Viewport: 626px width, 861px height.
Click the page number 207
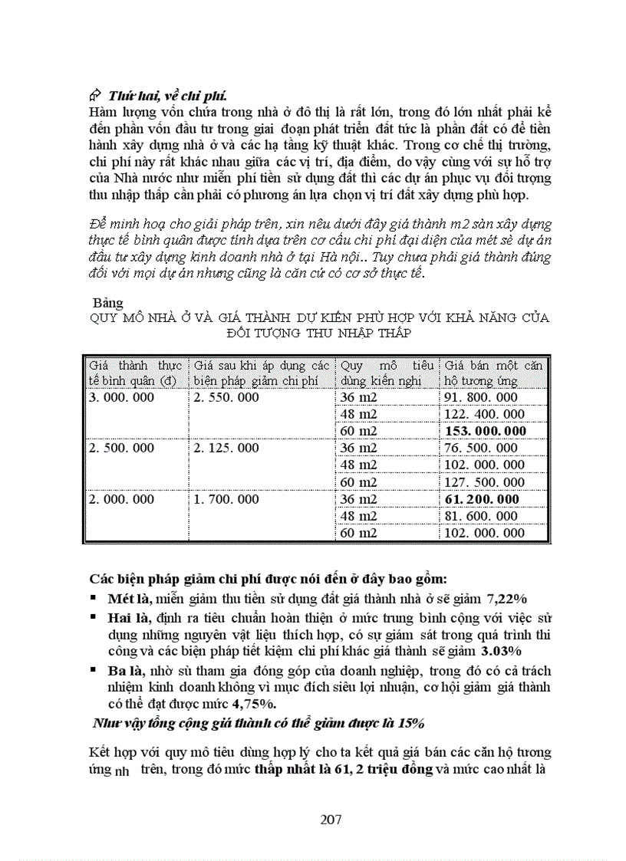[331, 819]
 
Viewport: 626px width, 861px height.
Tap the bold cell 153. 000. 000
[486, 431]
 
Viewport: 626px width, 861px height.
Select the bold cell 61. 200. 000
[483, 499]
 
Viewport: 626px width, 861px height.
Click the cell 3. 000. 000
[121, 397]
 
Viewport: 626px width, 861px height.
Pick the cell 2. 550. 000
[226, 397]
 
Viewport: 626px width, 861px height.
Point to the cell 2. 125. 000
[226, 448]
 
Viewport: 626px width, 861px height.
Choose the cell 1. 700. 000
[226, 499]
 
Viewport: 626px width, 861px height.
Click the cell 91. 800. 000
[482, 397]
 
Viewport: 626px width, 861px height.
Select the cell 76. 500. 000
[482, 448]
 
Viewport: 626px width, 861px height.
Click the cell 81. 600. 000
[482, 516]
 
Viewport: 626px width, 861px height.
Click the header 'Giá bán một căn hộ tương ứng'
[493, 373]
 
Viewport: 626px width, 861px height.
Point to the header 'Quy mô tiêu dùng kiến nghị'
[387, 373]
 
